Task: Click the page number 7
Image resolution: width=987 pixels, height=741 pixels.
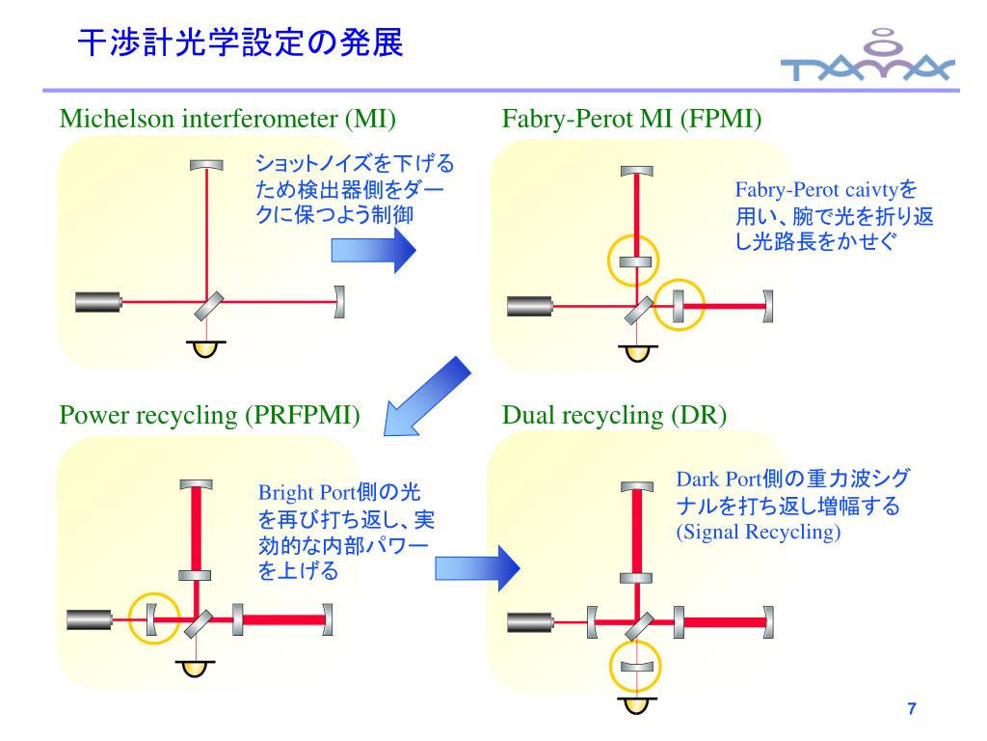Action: click(x=911, y=711)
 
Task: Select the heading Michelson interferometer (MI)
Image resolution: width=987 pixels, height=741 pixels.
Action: click(x=228, y=120)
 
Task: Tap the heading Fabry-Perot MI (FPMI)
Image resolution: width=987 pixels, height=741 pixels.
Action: click(x=632, y=120)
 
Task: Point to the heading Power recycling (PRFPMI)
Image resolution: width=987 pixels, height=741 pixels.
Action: click(x=210, y=416)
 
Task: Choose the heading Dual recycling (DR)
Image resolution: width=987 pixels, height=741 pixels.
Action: click(x=614, y=416)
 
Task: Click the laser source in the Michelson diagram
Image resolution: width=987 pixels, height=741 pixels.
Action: click(x=98, y=302)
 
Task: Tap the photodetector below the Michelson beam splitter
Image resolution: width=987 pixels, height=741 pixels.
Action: click(x=203, y=346)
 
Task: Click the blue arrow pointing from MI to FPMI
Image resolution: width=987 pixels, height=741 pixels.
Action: click(x=373, y=252)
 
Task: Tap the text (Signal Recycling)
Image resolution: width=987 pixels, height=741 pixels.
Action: click(x=758, y=532)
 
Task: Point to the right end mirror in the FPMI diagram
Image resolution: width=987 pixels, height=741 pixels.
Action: click(x=768, y=307)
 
